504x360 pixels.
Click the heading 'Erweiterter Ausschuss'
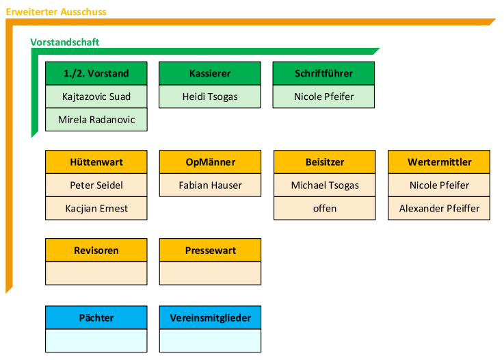tap(56, 12)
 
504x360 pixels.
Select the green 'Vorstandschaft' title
tap(64, 42)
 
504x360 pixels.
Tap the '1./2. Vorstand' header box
tap(96, 73)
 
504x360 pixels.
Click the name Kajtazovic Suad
tap(96, 97)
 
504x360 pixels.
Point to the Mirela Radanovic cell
tap(96, 120)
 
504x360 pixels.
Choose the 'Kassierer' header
tap(210, 73)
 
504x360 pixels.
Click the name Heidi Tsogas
tap(210, 97)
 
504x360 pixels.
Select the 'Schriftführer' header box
tap(323, 73)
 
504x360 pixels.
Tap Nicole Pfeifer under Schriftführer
tap(323, 97)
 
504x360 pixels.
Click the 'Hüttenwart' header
tap(96, 162)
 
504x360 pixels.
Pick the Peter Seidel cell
tap(96, 185)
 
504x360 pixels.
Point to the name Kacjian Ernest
tap(96, 209)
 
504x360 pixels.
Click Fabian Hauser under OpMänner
tap(210, 185)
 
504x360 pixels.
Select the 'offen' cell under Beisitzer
tap(325, 209)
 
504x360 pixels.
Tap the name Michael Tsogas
tap(325, 185)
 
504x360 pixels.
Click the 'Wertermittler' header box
tap(439, 162)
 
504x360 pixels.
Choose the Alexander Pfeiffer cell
tap(439, 209)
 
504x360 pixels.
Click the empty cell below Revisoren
tap(96, 274)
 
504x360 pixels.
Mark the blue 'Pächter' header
tap(96, 318)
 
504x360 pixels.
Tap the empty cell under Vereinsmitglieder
tap(210, 341)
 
